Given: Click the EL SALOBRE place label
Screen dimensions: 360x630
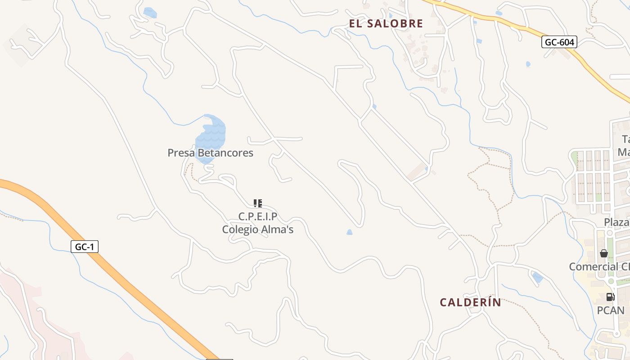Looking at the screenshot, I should pyautogui.click(x=386, y=24).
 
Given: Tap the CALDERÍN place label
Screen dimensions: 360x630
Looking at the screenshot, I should pyautogui.click(x=470, y=302).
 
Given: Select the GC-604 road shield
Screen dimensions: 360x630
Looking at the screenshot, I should pyautogui.click(x=559, y=42).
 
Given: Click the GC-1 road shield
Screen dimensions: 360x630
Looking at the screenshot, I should pyautogui.click(x=85, y=247).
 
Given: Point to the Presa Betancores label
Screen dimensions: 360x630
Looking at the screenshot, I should pyautogui.click(x=210, y=153).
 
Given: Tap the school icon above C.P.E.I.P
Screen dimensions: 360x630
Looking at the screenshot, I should pyautogui.click(x=258, y=203).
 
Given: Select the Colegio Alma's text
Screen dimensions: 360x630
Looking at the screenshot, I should pyautogui.click(x=258, y=229).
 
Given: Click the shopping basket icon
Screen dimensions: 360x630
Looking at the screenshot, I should pyautogui.click(x=604, y=253).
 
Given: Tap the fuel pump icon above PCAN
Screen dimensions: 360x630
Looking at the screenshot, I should pyautogui.click(x=611, y=297).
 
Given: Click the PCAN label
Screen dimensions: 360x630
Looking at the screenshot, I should pyautogui.click(x=611, y=310).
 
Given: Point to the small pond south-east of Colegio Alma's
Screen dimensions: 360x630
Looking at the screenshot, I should pyautogui.click(x=350, y=232).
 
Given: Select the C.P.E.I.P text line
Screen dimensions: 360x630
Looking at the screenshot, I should pyautogui.click(x=258, y=216).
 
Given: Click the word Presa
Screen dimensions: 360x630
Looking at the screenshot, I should pyautogui.click(x=181, y=153).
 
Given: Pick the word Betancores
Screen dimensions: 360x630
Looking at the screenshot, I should pyautogui.click(x=225, y=153).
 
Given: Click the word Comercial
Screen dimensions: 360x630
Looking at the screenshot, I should pyautogui.click(x=594, y=266).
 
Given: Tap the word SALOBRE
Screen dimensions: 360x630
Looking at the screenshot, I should pyautogui.click(x=396, y=24).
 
